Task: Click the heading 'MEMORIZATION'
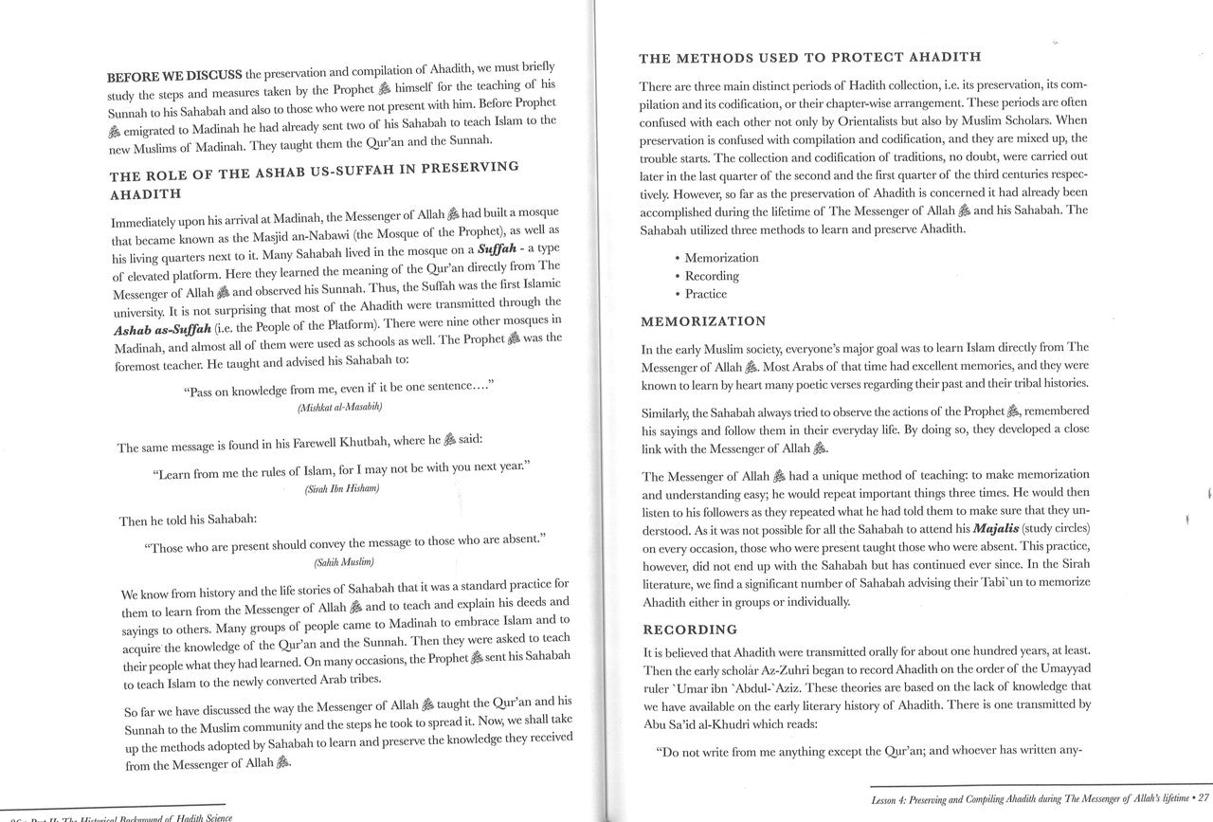[x=702, y=321]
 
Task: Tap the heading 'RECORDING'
[x=690, y=629]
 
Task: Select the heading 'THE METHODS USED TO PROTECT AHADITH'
[x=810, y=58]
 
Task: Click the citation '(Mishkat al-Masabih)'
[x=339, y=407]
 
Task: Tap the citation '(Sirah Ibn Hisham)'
[x=341, y=488]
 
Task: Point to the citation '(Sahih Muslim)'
[x=338, y=562]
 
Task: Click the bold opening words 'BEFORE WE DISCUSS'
[x=174, y=77]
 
